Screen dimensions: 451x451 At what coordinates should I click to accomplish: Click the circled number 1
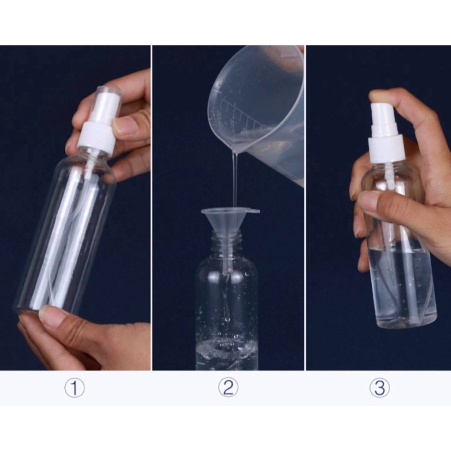74,388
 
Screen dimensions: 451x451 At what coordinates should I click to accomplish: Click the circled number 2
228,388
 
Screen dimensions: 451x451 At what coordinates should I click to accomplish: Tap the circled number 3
380,388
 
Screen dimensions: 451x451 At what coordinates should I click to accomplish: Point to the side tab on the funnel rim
254,211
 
